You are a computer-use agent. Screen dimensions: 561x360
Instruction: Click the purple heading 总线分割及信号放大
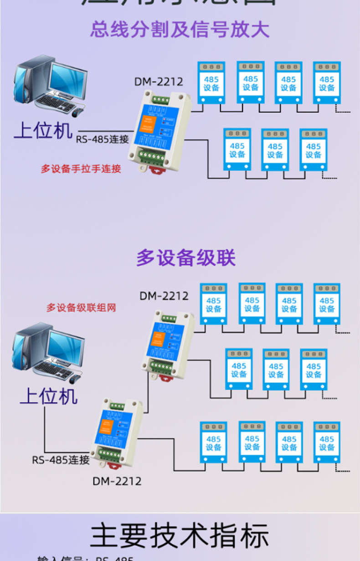180,30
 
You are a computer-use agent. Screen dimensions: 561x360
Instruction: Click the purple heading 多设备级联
186,258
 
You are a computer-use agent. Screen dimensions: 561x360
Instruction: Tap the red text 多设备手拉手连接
81,169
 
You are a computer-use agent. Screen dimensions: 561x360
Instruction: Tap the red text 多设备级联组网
81,308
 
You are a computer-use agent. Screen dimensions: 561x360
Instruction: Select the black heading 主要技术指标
180,535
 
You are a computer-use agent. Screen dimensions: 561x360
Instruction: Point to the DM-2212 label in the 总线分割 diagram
158,82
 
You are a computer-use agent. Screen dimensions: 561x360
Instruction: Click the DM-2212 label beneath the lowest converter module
117,481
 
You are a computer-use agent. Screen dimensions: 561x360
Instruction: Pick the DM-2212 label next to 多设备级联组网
164,296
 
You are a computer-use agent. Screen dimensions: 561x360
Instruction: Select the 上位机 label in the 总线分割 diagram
43,130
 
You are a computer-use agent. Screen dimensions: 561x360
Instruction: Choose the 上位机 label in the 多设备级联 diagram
49,396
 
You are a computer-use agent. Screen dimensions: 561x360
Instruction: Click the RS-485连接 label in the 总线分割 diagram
103,139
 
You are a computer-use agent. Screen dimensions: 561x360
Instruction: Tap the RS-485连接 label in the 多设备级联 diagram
61,460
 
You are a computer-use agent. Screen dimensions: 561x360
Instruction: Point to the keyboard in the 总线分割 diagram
53,101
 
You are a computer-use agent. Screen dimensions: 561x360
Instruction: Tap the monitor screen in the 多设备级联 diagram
66,348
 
